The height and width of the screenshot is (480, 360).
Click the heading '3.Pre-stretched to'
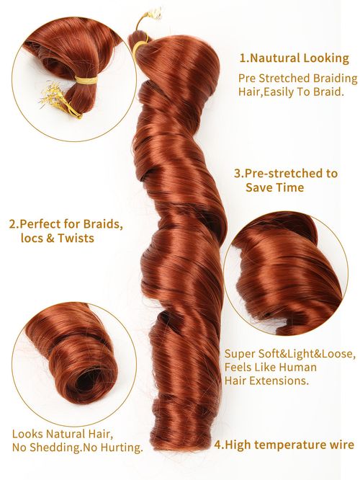point(286,174)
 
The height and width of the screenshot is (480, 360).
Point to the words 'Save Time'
point(274,187)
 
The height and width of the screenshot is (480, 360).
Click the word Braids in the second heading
point(102,223)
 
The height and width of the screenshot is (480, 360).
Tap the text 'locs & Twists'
point(57,238)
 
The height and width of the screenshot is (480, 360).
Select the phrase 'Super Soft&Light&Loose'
point(289,354)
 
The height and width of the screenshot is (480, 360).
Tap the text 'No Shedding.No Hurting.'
point(77,447)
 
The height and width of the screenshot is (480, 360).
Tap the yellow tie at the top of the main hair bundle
point(141,48)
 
